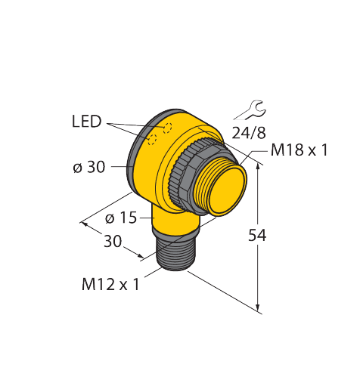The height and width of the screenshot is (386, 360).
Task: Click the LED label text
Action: (86, 122)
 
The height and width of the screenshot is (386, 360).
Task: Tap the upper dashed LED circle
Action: (167, 128)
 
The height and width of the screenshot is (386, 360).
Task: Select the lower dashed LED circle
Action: (152, 139)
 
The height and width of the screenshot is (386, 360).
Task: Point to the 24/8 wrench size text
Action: (249, 133)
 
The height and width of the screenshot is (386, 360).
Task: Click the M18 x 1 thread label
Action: (299, 150)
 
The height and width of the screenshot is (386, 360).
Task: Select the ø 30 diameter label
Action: (88, 167)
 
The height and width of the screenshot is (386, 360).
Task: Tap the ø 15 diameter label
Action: (121, 218)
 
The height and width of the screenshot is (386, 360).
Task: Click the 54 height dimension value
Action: (257, 236)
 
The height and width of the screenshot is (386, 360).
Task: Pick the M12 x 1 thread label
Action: (110, 285)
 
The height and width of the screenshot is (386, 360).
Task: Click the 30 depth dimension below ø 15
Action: (113, 241)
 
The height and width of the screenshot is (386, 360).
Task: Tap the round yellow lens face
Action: (228, 191)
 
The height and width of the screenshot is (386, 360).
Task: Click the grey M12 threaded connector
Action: (175, 252)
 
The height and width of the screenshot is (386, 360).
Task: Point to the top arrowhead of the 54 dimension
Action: (258, 167)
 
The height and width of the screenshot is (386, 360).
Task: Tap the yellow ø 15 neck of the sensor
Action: (176, 220)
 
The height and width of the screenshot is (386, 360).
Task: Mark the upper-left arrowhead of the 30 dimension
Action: (85, 224)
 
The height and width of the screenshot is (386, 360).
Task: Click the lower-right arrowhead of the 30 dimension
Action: (140, 255)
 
